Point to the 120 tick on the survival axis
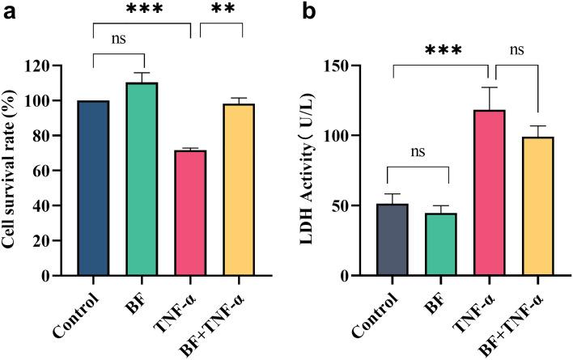tap(53, 66)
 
